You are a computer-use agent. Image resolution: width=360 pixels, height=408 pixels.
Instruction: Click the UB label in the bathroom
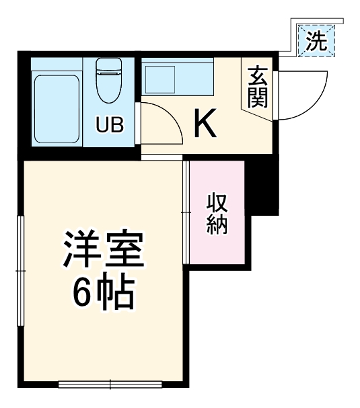coord(108,125)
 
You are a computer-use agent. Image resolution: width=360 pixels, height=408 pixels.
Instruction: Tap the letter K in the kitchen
coord(205,124)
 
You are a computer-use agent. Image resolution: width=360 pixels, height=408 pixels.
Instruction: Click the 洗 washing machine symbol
coord(316,42)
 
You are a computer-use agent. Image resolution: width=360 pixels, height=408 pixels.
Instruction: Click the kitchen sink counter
coord(177,78)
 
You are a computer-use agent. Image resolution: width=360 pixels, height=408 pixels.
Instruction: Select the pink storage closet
coord(217,213)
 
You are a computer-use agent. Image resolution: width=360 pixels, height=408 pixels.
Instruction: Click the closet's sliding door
coord(186,212)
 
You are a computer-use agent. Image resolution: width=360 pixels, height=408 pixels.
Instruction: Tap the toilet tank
coord(108,67)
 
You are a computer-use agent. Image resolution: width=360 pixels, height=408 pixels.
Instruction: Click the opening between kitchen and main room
coord(161,157)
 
